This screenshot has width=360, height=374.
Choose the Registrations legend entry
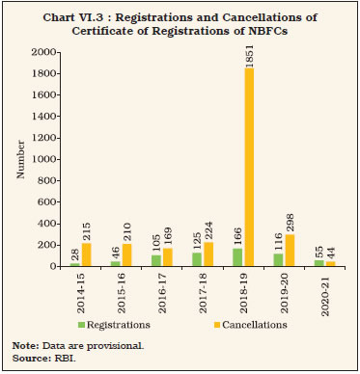coord(135,325)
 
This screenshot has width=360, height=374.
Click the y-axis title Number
coord(18,160)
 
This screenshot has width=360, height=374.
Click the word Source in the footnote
coord(28,359)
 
